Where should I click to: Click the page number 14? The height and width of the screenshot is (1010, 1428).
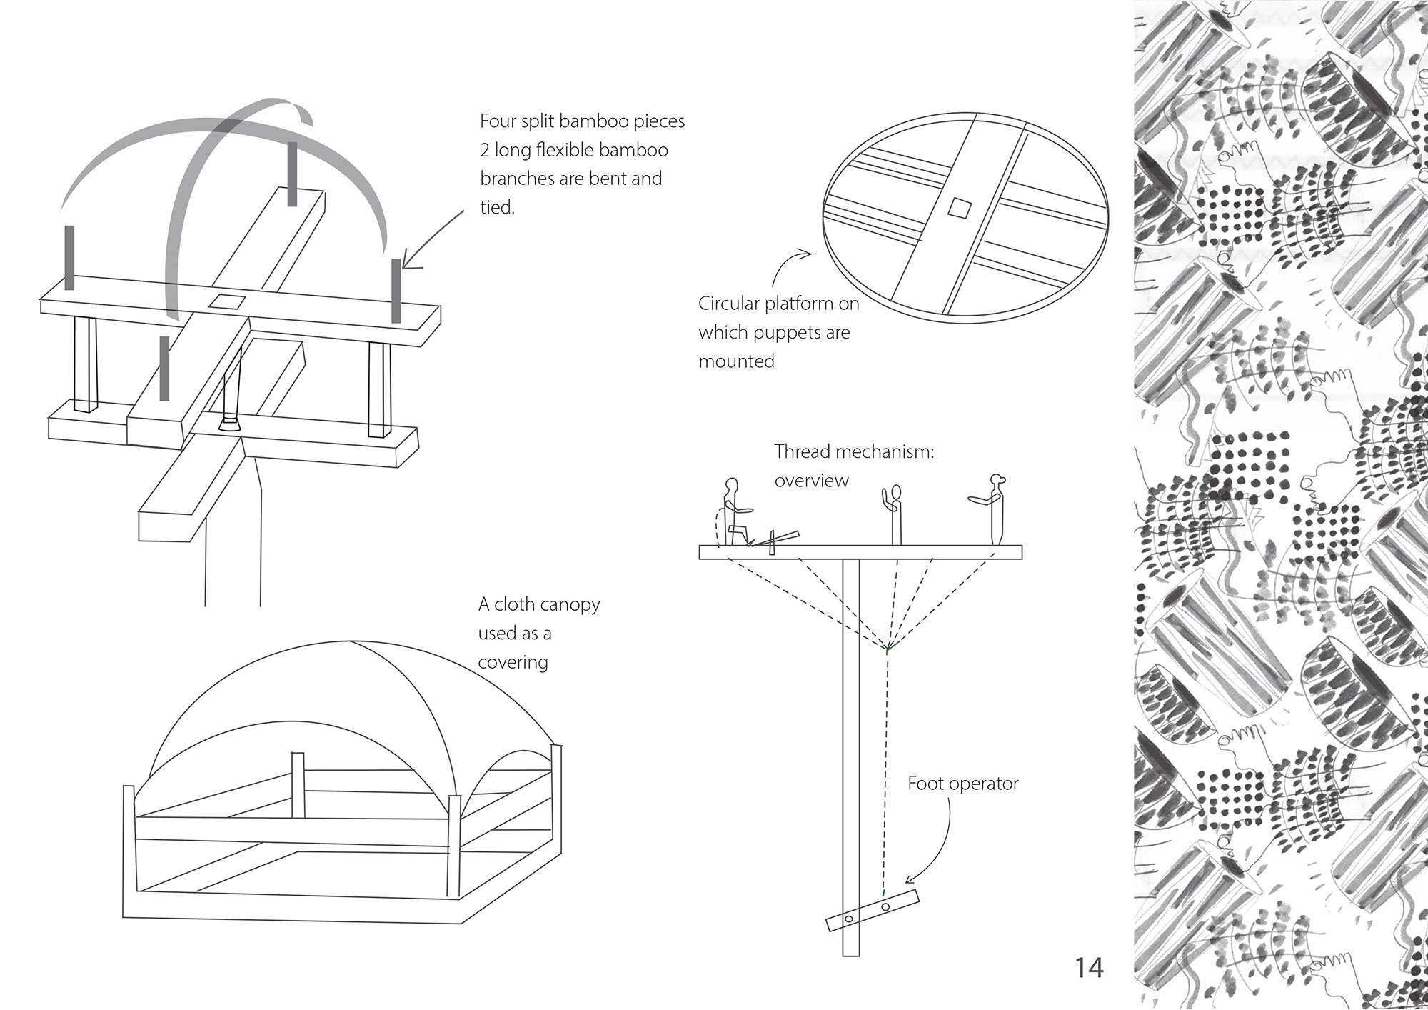tap(1089, 968)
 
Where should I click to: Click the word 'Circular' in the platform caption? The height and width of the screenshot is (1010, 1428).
tap(729, 304)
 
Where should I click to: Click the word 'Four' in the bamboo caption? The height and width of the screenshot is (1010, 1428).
tap(497, 121)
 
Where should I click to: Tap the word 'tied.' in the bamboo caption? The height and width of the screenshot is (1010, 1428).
tap(497, 207)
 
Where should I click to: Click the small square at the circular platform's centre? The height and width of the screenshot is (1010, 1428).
tap(959, 208)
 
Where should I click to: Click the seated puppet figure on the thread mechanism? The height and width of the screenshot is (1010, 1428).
tap(733, 513)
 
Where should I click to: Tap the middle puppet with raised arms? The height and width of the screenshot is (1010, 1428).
tap(894, 513)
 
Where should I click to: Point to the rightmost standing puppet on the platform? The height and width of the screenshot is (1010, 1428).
tap(994, 507)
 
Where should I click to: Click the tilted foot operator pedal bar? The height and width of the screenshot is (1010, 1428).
tap(872, 911)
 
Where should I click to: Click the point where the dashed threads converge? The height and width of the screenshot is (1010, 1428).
tap(888, 649)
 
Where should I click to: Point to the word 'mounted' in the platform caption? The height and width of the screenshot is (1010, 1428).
tap(736, 361)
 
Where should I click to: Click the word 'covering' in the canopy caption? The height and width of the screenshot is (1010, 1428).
tap(513, 663)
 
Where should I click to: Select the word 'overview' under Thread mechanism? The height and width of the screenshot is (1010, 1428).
tap(811, 481)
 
